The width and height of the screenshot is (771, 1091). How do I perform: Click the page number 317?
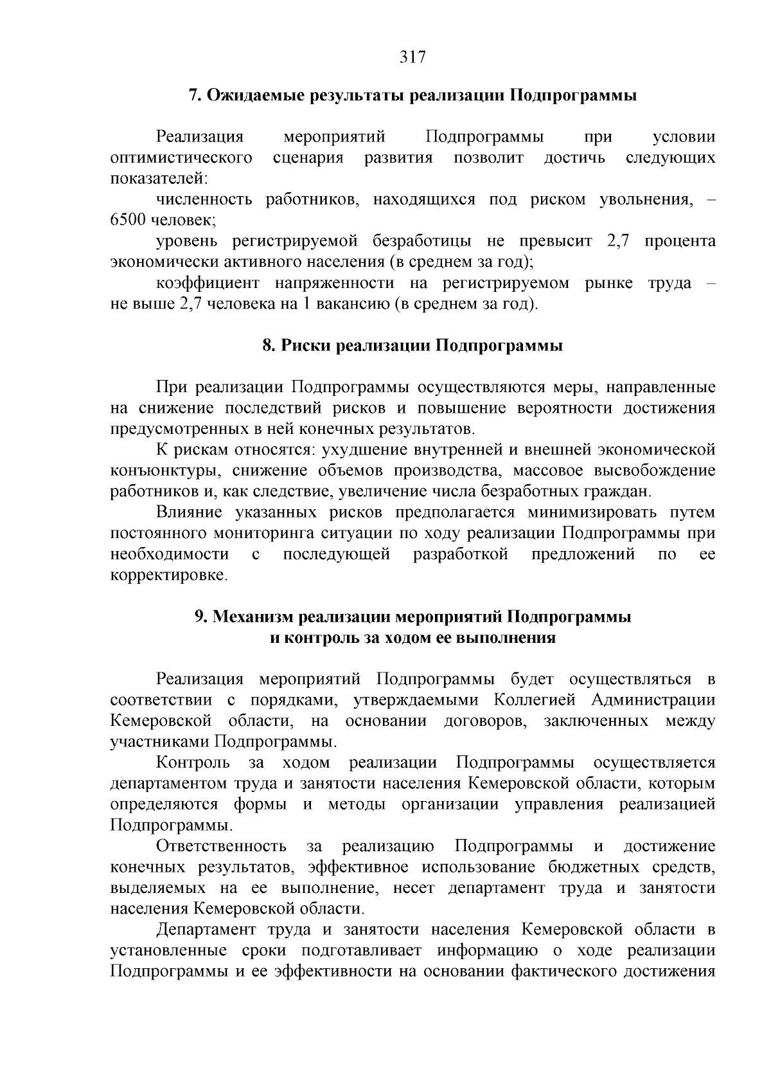tap(412, 57)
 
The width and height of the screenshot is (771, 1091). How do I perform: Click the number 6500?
tap(129, 221)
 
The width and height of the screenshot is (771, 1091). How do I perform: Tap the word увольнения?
tap(646, 200)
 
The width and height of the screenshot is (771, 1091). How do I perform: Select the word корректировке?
tap(169, 575)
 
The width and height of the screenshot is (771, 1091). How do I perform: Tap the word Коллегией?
tap(536, 700)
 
